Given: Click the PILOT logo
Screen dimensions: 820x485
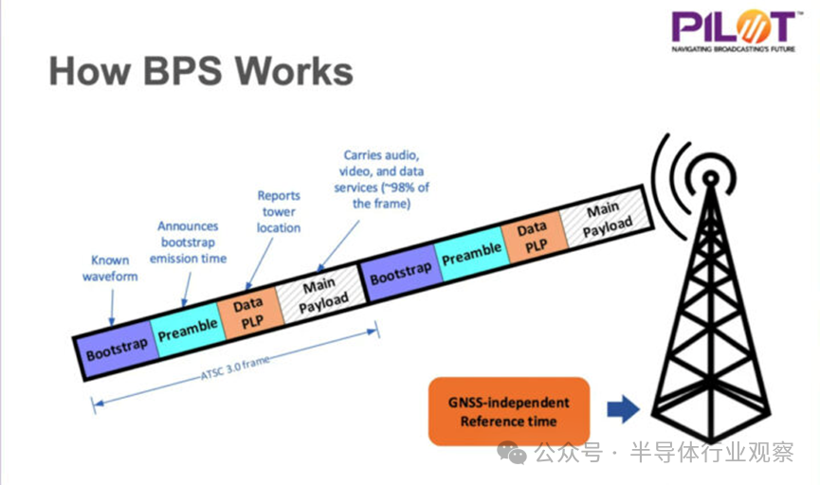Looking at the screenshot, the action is (734, 31).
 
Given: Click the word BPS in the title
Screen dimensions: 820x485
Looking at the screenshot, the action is (183, 71).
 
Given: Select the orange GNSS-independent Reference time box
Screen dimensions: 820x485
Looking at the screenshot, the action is (509, 411).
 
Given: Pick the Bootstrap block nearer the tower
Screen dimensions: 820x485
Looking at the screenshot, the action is (401, 273).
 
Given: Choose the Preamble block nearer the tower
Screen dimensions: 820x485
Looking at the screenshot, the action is (472, 254).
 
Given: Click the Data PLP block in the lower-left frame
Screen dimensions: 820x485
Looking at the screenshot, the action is (249, 313).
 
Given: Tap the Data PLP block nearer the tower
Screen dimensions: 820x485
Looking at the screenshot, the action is (534, 237).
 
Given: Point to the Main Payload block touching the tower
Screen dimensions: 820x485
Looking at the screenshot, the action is (607, 219).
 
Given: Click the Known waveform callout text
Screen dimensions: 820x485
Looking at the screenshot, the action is (110, 268).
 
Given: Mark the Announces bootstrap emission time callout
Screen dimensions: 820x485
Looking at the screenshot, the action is (188, 242).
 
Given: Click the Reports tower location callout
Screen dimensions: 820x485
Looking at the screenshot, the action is (279, 211).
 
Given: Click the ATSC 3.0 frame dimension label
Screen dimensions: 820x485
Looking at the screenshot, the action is (235, 367).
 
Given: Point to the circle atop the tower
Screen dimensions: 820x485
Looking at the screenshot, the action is (710, 178).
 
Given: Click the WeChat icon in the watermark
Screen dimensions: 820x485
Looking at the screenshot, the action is (512, 452).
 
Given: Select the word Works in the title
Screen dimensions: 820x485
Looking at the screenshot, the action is (294, 71).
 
